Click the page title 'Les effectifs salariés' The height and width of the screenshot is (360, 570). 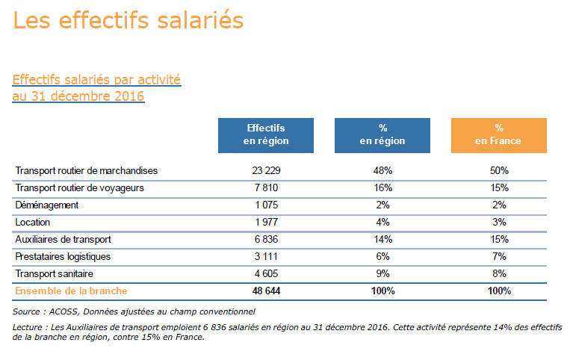(128, 21)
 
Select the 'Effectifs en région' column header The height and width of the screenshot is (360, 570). (266, 134)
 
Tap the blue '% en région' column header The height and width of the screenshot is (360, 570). (382, 134)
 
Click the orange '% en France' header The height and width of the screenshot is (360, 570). (498, 134)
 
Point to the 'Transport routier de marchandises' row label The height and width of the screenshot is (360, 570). (87, 171)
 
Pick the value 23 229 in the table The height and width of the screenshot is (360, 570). (266, 171)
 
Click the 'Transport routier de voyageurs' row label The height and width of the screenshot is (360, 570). (79, 187)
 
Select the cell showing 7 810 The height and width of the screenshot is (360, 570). (266, 187)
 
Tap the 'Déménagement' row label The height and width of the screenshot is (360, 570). (46, 205)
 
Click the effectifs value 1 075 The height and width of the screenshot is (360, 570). (266, 205)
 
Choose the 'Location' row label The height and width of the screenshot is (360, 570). (33, 222)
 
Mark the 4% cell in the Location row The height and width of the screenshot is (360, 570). (382, 222)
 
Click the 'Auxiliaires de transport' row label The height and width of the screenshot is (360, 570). (63, 239)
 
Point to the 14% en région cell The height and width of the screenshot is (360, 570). (382, 239)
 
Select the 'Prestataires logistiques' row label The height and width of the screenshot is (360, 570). (63, 256)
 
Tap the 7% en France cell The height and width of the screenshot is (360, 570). (498, 256)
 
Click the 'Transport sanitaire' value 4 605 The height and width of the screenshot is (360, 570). (266, 273)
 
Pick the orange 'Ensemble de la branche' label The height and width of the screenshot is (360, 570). (71, 291)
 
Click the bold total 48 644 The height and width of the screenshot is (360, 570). (266, 291)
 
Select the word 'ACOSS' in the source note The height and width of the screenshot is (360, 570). (66, 311)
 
